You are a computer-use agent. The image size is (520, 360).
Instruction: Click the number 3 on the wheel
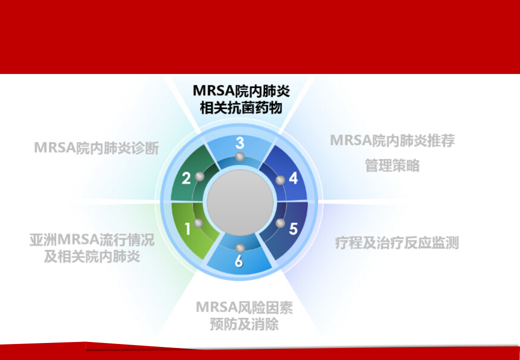[x=240, y=143]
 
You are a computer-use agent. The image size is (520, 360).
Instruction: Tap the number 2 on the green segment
[x=186, y=178]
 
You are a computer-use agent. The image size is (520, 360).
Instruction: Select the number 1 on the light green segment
[x=187, y=229]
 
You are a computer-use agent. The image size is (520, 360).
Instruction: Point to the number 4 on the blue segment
[x=293, y=178]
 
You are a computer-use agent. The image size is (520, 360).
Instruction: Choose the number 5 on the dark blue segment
[x=293, y=228]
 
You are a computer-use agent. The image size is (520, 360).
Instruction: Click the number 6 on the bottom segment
[x=239, y=261]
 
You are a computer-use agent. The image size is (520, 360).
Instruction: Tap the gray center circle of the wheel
[x=240, y=202]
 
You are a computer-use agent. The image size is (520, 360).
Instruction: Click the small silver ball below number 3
[x=240, y=156]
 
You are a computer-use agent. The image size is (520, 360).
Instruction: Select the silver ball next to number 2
[x=199, y=176]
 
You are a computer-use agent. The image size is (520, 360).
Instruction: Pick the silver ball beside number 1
[x=198, y=223]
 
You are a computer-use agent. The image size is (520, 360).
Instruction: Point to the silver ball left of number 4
[x=280, y=180]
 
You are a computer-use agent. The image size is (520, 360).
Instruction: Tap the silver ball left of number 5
[x=280, y=223]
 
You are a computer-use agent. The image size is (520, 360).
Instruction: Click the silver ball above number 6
[x=240, y=248]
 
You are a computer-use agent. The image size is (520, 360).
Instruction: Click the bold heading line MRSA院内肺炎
[x=241, y=90]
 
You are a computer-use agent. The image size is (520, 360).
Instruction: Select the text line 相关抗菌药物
[x=241, y=107]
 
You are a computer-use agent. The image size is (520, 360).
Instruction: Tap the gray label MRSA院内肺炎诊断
[x=96, y=148]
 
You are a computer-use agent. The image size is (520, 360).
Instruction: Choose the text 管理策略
[x=392, y=165]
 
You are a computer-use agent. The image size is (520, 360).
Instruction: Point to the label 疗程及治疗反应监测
[x=397, y=243]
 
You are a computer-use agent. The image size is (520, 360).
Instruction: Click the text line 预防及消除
[x=244, y=324]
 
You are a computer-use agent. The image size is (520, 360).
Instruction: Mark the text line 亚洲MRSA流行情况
[x=92, y=239]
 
